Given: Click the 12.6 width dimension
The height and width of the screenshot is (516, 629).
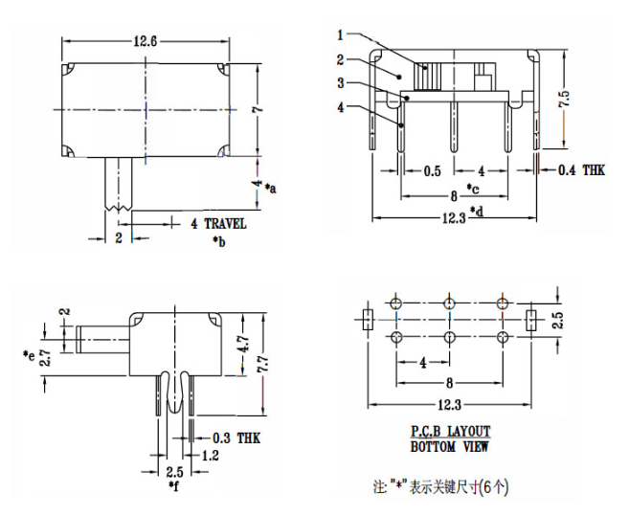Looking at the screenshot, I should pos(146,40).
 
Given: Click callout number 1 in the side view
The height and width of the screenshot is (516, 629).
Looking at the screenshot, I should pos(340,35).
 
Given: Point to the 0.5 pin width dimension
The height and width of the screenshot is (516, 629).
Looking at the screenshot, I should pos(432,171).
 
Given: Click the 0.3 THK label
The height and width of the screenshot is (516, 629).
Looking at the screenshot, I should pos(235,437).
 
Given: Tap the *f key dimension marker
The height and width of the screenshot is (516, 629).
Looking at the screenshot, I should pos(173,486).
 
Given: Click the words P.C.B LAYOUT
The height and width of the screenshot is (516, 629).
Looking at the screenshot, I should pos(450,431).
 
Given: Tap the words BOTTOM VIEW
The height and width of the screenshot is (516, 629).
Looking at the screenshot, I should pos(450,446).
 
